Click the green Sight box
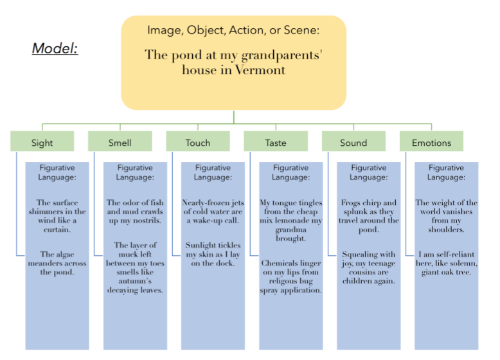click(x=42, y=142)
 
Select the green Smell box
click(x=120, y=142)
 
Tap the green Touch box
click(x=198, y=142)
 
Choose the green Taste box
click(x=276, y=142)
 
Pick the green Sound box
click(x=353, y=142)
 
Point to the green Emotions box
click(x=431, y=142)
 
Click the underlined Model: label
click(x=55, y=48)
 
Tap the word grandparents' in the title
click(x=285, y=55)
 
